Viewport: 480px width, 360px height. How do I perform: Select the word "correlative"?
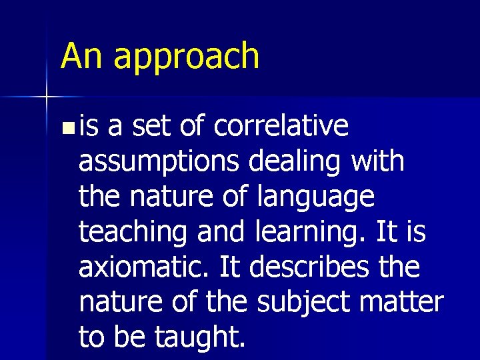(x=281, y=126)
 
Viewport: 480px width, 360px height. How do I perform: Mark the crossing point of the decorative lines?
(x=47, y=97)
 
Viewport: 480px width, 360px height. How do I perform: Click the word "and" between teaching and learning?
(x=220, y=233)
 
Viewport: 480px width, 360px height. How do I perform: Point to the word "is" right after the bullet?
(x=87, y=125)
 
